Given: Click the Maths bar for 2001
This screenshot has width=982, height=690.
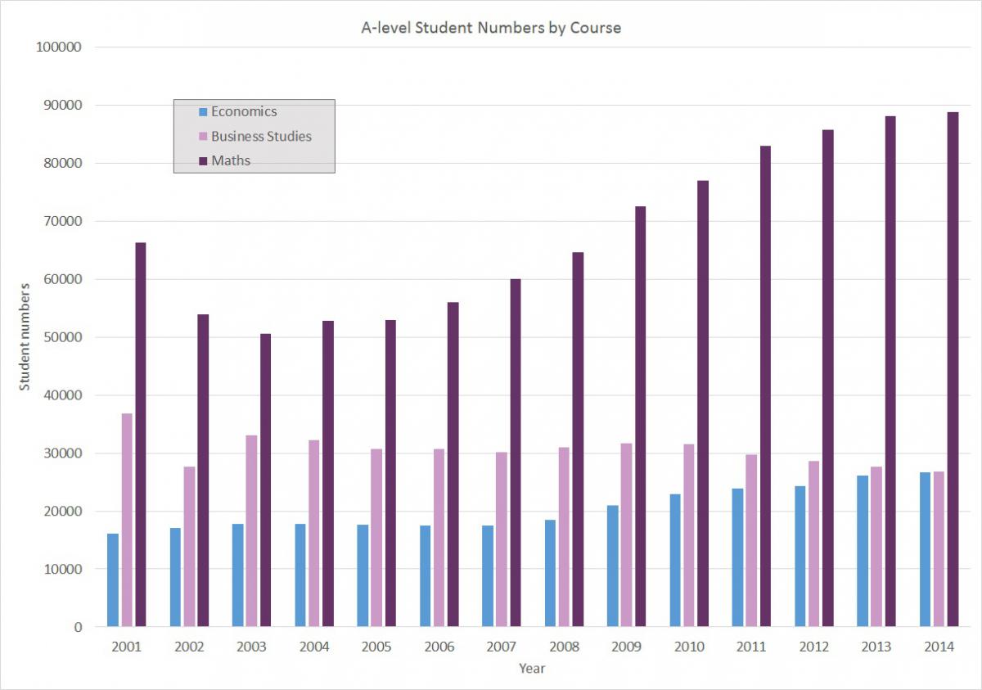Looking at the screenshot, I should click(141, 435).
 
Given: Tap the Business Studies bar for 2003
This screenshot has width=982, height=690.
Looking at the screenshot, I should click(252, 531).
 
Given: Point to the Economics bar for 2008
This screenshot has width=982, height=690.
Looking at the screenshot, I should click(550, 573).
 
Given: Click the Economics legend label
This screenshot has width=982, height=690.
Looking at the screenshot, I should click(244, 111).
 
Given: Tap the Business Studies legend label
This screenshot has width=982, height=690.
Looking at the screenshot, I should click(261, 136).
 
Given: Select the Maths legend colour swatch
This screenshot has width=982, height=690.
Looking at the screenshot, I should click(203, 161).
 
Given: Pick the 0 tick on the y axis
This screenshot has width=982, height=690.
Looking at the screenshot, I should click(78, 627).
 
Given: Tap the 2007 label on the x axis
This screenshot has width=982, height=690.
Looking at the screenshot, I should click(502, 647).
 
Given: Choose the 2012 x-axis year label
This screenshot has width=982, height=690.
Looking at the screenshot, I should click(814, 647).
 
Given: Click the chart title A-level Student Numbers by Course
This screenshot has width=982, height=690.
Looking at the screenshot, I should click(491, 28).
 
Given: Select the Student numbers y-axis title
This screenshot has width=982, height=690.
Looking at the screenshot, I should click(25, 336).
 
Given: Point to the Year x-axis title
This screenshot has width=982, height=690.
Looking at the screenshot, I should click(532, 669).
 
